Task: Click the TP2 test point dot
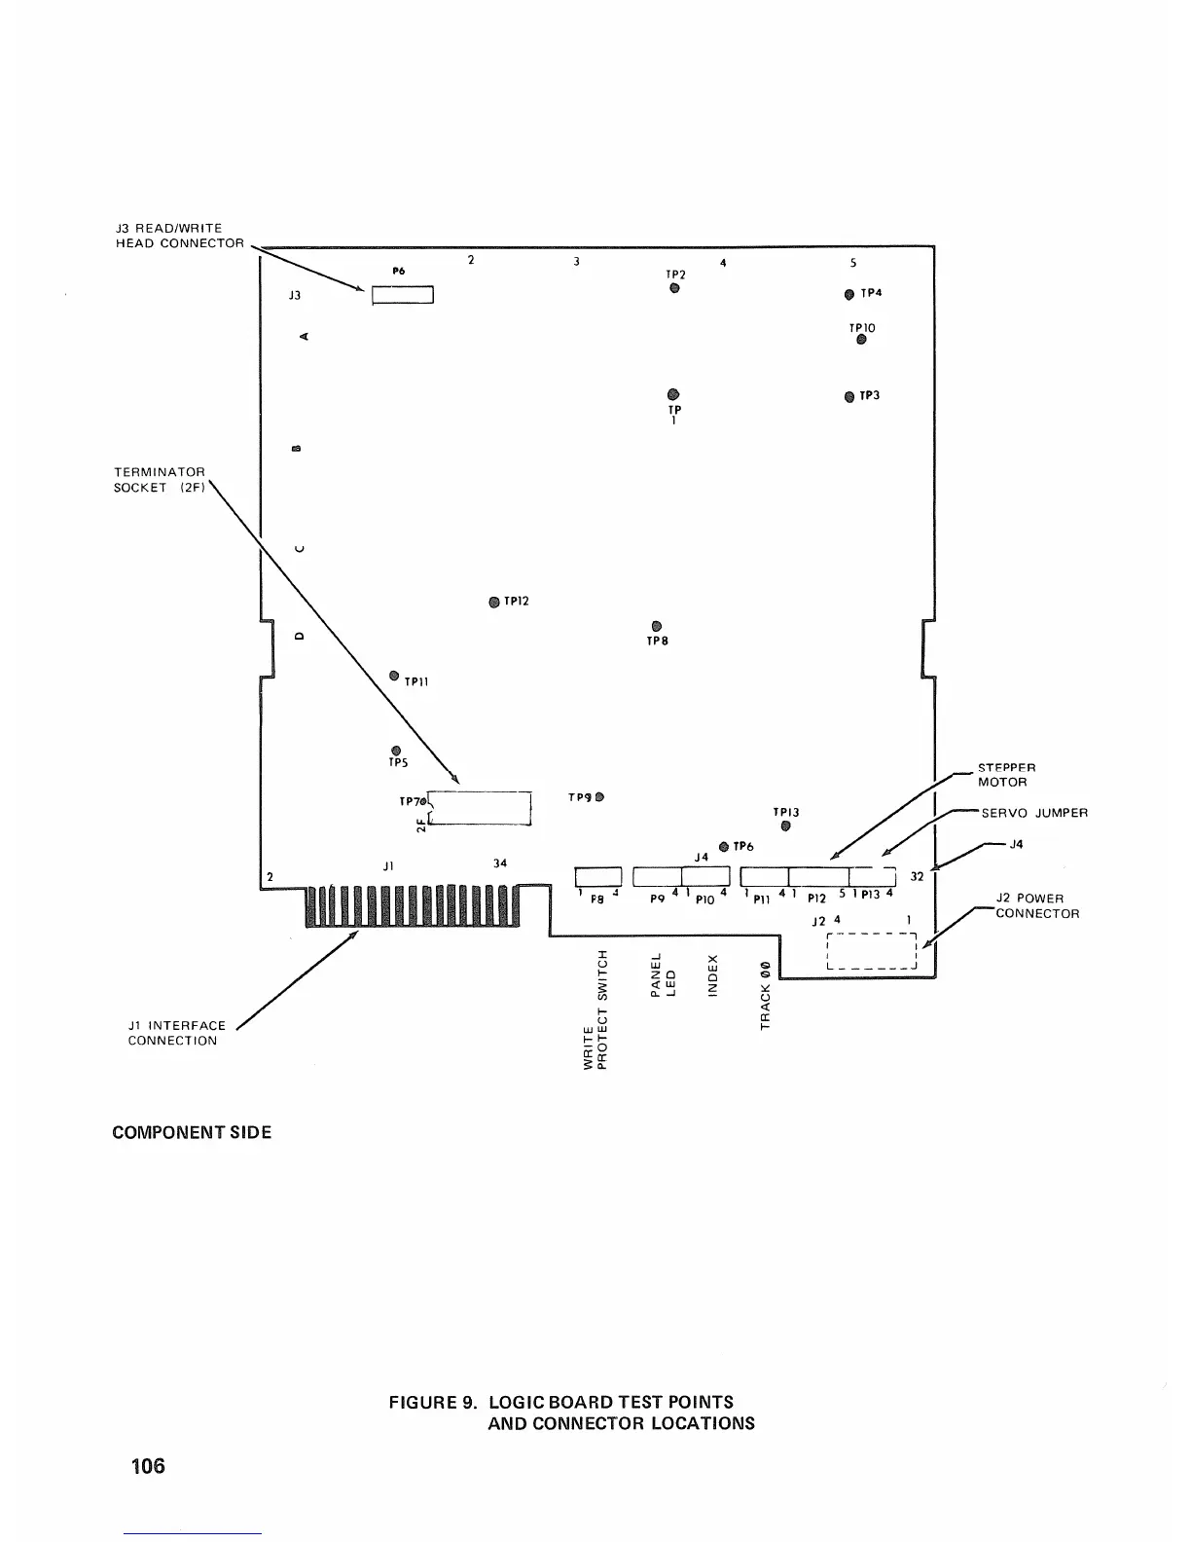[x=673, y=288]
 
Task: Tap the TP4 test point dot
[x=849, y=294]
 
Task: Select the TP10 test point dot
[x=861, y=340]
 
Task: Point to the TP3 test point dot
[x=849, y=396]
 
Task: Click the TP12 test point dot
[x=494, y=602]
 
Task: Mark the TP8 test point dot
[x=656, y=626]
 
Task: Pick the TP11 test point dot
[x=394, y=676]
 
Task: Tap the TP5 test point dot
[x=395, y=750]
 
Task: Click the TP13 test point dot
[x=785, y=826]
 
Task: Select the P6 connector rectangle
[x=402, y=296]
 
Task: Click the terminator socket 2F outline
[x=481, y=808]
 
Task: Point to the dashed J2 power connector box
[x=871, y=952]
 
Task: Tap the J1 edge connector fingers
[x=414, y=906]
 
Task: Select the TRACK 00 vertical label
[x=766, y=995]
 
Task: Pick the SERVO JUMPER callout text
[x=1034, y=813]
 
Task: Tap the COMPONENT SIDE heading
[x=192, y=1133]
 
